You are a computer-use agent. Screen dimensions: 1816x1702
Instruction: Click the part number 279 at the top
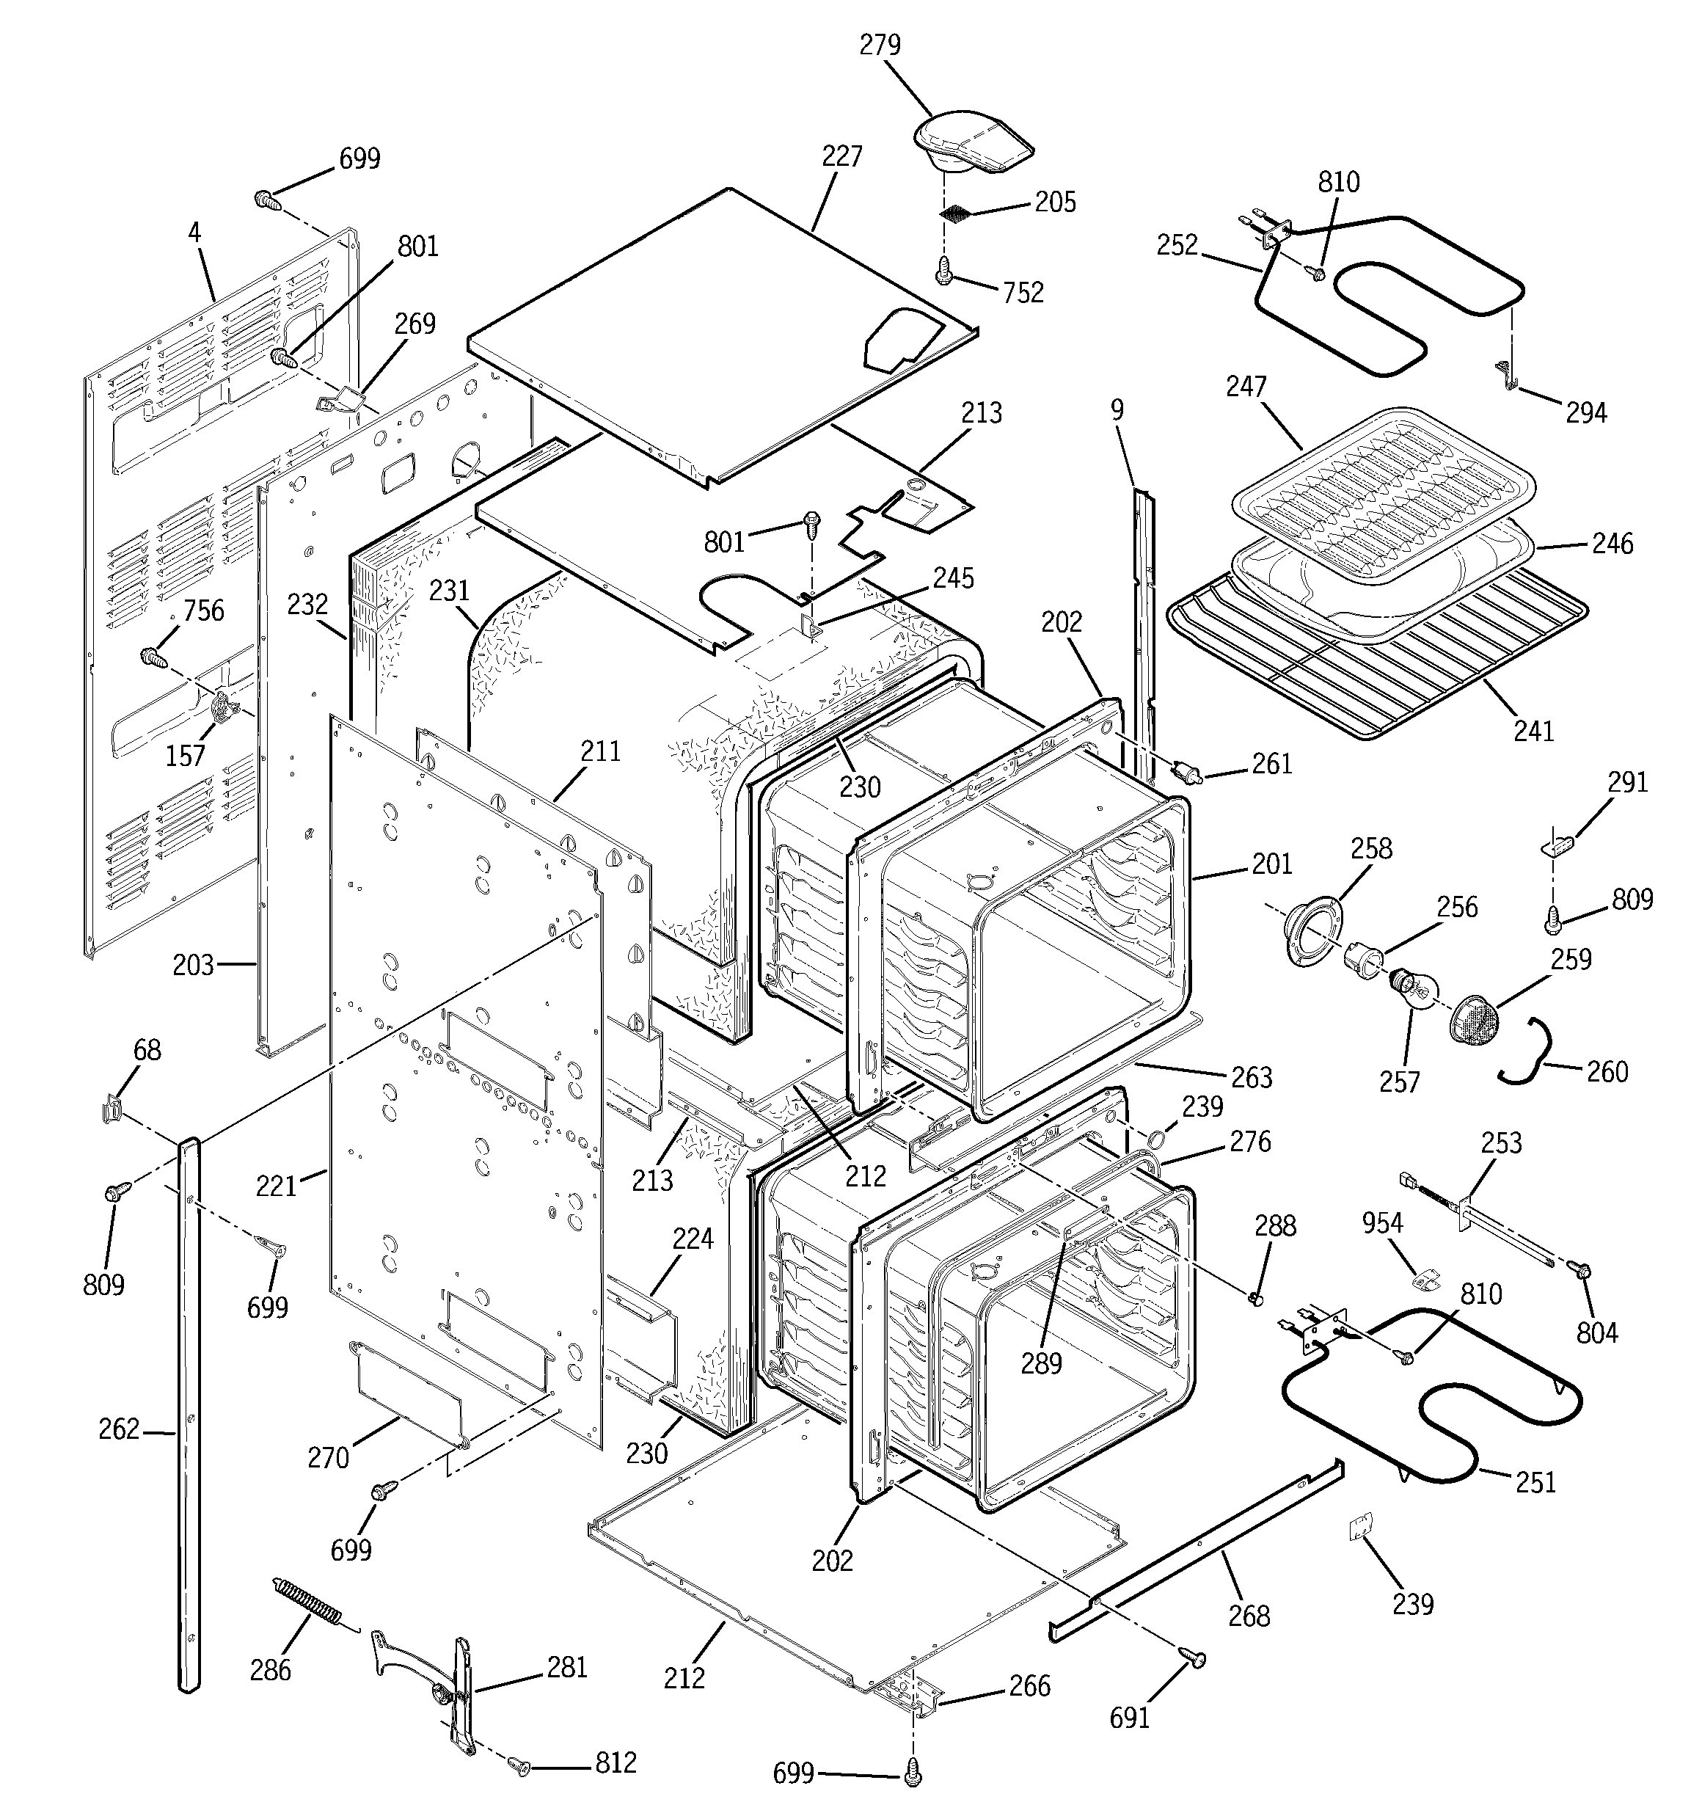880,45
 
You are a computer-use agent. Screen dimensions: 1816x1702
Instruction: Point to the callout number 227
841,157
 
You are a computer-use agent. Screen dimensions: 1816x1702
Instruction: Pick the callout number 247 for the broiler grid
1246,387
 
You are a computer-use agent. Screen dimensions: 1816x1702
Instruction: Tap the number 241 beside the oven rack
1533,731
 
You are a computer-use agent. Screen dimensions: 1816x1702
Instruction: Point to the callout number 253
1501,1142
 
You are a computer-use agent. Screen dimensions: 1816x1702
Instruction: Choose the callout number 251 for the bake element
1535,1481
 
